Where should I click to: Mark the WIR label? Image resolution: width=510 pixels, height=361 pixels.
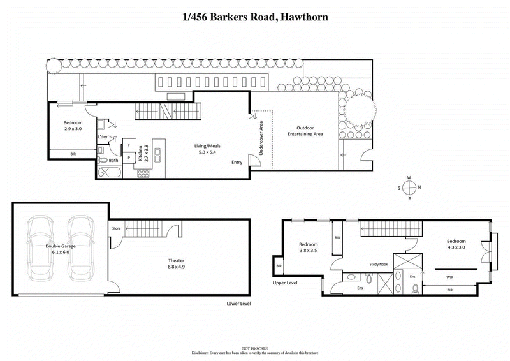pos(449,277)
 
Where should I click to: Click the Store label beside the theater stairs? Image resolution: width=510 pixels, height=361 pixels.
pos(116,227)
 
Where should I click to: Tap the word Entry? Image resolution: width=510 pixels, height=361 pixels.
pos(237,162)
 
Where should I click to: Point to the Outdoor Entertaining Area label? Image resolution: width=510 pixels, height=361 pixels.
pos(305,131)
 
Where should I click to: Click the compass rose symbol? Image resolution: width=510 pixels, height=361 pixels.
pos(409,187)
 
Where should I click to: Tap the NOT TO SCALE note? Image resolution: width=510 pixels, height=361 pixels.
pos(254,348)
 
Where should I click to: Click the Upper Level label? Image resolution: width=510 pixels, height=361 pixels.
pos(286,283)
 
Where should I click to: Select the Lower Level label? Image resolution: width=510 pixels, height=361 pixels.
pos(238,303)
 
